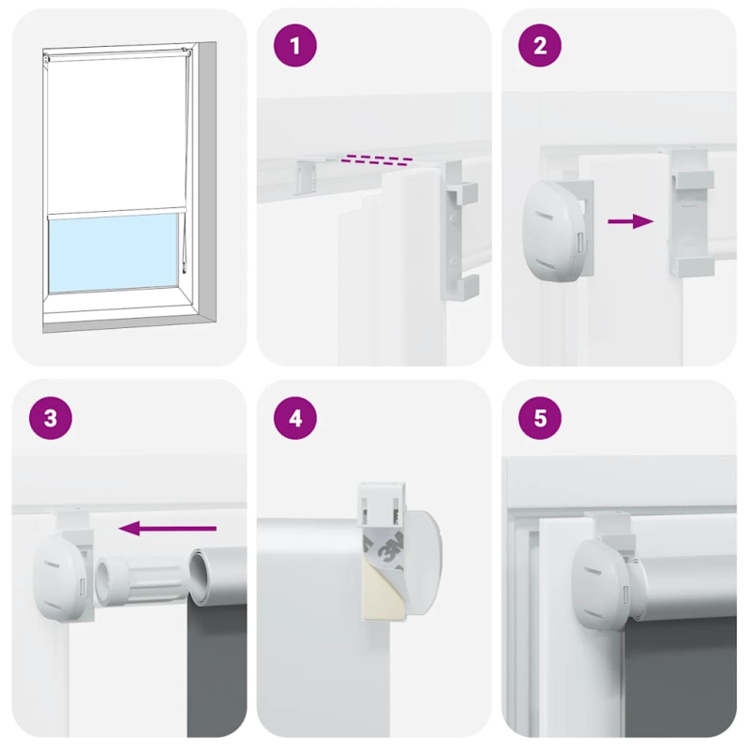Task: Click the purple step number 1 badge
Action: [x=296, y=48]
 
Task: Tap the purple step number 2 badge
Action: [x=540, y=48]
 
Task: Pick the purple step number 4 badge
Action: [x=296, y=419]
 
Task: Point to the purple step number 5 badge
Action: [x=540, y=419]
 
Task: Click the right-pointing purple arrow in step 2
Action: [x=630, y=221]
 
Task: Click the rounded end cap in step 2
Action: [x=554, y=228]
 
